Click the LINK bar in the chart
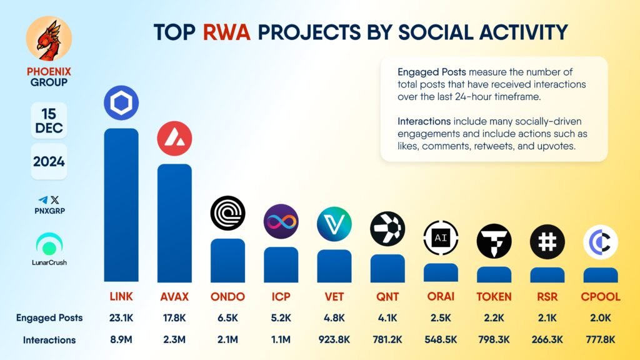(x=121, y=205)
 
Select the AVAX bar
(x=175, y=223)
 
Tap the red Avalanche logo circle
(x=175, y=138)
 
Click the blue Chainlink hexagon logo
(x=121, y=103)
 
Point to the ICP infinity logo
(x=281, y=221)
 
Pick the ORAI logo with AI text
(x=441, y=237)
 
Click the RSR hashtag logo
(x=547, y=242)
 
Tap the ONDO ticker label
(x=227, y=297)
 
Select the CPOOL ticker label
(x=601, y=297)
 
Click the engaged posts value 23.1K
(x=121, y=318)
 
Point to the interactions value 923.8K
(x=334, y=339)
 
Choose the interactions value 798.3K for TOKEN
(x=494, y=339)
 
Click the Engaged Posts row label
(x=49, y=318)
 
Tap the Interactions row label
(x=49, y=340)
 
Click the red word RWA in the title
(x=226, y=32)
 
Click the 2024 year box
(x=49, y=162)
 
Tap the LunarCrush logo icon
(x=49, y=244)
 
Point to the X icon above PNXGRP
(x=55, y=199)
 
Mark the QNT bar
(x=387, y=268)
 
